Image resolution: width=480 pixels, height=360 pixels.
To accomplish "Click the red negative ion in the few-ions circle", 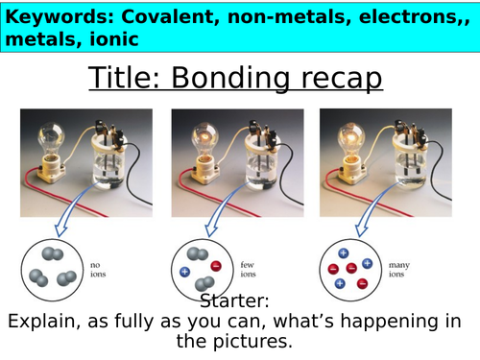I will [x=216, y=265].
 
